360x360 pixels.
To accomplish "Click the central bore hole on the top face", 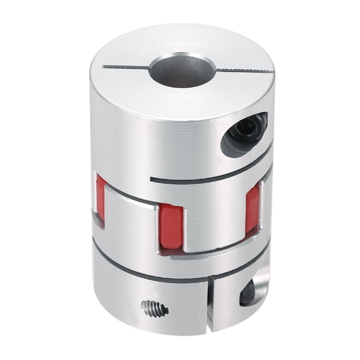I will pyautogui.click(x=181, y=70).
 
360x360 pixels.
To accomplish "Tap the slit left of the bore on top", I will pyautogui.click(x=125, y=66).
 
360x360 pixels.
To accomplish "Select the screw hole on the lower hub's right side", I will pyautogui.click(x=249, y=291).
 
